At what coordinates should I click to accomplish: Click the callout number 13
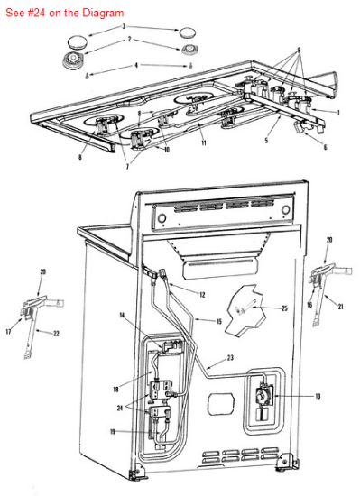(318, 396)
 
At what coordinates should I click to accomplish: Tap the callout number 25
(285, 308)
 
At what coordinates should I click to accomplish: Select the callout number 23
(230, 358)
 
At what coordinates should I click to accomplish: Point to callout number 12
(202, 295)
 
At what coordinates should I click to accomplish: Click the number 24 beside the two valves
(120, 408)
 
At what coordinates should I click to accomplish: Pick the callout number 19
(112, 431)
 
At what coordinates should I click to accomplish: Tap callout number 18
(115, 389)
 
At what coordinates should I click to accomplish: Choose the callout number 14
(122, 315)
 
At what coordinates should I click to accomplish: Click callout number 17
(8, 332)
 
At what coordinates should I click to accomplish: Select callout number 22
(56, 334)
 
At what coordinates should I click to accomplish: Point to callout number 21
(340, 307)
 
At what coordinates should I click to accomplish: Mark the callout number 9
(299, 51)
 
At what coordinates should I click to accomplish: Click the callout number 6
(325, 147)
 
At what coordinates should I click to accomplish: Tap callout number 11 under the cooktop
(204, 143)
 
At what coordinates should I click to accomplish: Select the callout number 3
(124, 26)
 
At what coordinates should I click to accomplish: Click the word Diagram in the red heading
(103, 13)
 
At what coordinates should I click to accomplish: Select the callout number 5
(266, 140)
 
